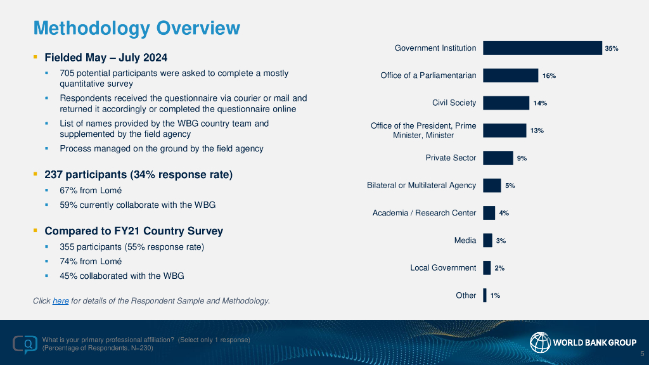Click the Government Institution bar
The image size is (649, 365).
click(542, 48)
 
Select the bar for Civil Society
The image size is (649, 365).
click(506, 103)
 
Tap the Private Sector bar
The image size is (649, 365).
click(498, 158)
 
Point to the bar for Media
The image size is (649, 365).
click(487, 240)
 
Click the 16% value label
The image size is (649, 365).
click(549, 76)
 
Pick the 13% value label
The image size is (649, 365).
click(537, 131)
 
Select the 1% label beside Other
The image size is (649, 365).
click(495, 295)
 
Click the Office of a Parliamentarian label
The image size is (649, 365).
click(428, 75)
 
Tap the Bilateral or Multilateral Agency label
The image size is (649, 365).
click(421, 185)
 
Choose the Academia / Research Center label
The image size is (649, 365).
click(424, 213)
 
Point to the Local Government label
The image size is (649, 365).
click(443, 267)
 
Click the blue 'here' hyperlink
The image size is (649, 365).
click(61, 300)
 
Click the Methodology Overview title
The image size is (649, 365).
click(136, 28)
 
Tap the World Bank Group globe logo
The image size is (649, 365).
click(539, 343)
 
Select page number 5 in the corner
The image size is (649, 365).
click(642, 354)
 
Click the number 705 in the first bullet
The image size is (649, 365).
click(68, 74)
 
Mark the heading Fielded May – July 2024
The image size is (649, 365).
click(106, 58)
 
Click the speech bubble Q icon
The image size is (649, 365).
click(25, 344)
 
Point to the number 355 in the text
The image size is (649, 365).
click(68, 247)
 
